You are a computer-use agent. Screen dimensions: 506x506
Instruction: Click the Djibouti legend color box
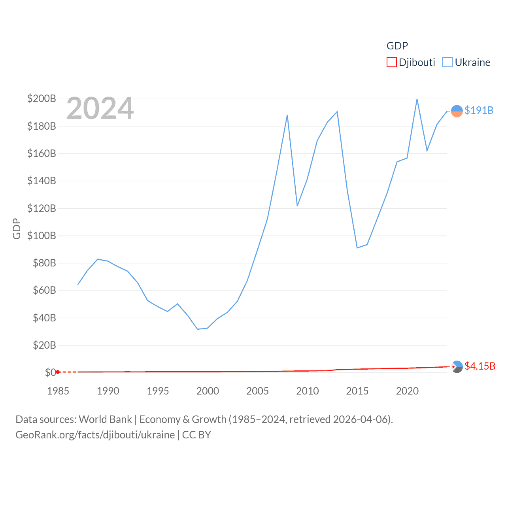pos(391,62)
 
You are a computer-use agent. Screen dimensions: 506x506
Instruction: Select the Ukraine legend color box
pos(447,62)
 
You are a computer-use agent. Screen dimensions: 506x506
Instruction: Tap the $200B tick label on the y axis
pos(42,98)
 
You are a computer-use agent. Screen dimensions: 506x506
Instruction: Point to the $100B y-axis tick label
pos(42,236)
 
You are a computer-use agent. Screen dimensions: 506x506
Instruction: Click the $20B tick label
pos(44,345)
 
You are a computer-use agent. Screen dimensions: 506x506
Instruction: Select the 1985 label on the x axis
pos(58,391)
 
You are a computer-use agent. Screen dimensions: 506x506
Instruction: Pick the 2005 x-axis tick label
pos(257,391)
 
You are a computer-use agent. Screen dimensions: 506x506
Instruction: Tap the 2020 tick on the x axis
pos(407,391)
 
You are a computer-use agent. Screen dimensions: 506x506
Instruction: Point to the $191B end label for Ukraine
pos(479,110)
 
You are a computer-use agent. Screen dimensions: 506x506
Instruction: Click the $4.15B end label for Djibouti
pos(480,366)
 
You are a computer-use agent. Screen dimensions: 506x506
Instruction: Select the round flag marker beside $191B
pos(457,111)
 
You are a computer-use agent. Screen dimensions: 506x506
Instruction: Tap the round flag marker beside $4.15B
pos(457,367)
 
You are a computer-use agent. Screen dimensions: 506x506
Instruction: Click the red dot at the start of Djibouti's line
pos(58,372)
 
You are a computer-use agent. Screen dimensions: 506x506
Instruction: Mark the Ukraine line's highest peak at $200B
pos(417,99)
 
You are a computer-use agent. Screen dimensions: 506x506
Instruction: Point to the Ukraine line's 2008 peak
pos(287,115)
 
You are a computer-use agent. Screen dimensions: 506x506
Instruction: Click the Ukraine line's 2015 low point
pos(357,247)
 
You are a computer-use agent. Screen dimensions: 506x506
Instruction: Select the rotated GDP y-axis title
pos(17,228)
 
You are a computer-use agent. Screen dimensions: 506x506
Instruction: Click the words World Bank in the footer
pos(106,419)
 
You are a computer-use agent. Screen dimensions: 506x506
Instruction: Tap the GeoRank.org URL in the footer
pos(95,435)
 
